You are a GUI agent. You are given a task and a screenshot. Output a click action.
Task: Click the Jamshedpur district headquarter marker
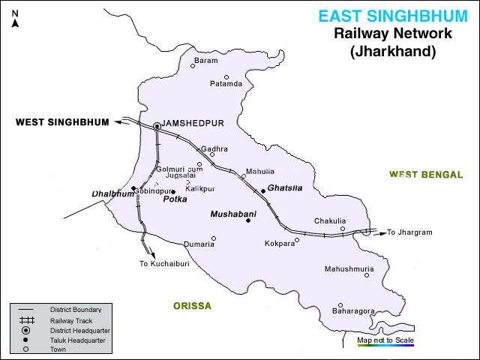pos(157,127)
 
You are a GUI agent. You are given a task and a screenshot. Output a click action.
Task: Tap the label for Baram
pos(205,60)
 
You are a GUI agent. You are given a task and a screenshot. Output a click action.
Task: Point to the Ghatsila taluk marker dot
pos(263,191)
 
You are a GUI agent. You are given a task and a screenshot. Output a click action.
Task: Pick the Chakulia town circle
pos(343,229)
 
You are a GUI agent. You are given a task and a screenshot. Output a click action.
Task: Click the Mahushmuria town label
pos(349,268)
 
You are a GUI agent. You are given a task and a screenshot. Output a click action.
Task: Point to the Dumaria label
pos(199,244)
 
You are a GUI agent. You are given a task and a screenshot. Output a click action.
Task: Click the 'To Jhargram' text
pos(409,232)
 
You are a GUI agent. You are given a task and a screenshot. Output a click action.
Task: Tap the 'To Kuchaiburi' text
pos(163,264)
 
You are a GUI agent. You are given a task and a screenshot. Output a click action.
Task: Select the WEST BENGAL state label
pos(425,174)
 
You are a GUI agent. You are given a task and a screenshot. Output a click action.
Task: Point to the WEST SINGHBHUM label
pos(62,121)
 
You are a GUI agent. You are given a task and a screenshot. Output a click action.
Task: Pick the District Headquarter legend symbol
pos(25,330)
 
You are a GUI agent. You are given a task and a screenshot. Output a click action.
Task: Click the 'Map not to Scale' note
pos(385,340)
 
